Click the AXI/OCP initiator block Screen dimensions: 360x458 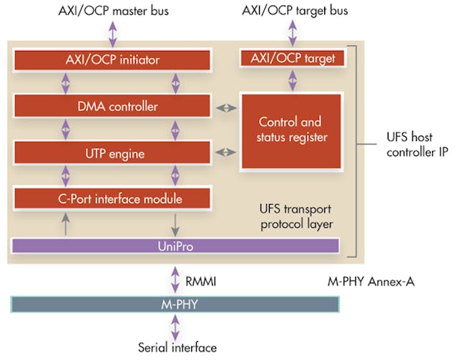(x=112, y=59)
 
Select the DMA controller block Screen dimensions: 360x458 (x=112, y=107)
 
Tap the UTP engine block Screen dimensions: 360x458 (x=112, y=153)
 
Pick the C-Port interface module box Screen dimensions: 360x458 (x=112, y=198)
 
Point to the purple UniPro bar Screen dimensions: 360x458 (x=175, y=245)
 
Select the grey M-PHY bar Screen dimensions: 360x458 (x=175, y=304)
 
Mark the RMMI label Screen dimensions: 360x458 (x=200, y=281)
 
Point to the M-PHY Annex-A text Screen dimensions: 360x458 (x=366, y=281)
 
